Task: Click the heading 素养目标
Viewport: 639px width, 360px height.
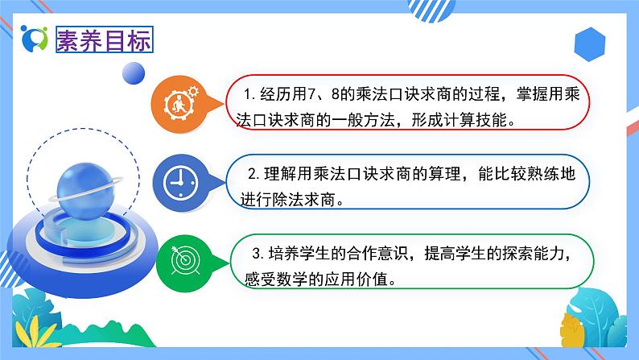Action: pos(102,40)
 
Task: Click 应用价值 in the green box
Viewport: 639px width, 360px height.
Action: pos(368,279)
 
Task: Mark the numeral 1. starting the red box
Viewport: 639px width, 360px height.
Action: pos(250,94)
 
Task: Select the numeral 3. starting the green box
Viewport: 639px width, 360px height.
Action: pos(255,254)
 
